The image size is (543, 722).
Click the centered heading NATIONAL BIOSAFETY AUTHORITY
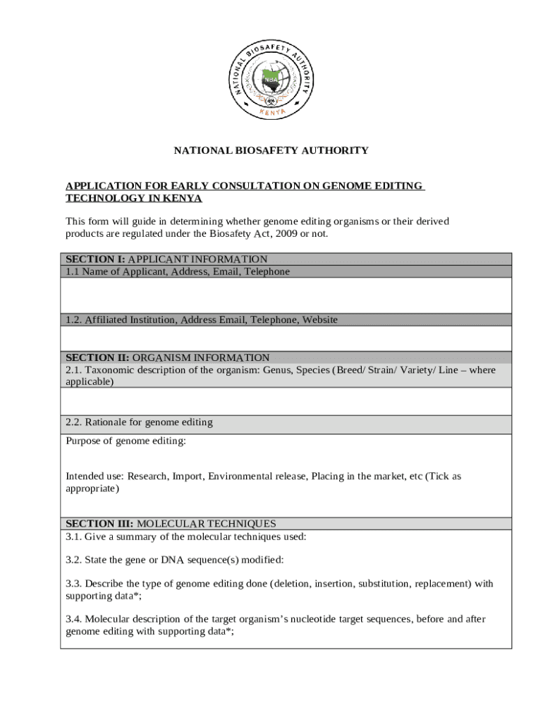[x=271, y=150]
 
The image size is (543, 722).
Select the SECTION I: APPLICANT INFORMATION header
[x=166, y=259]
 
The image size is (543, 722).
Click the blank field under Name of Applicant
[x=286, y=295]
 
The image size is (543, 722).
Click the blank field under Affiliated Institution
[x=286, y=338]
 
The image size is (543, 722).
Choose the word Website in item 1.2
[x=319, y=320]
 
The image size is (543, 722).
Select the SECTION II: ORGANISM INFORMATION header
[x=168, y=357]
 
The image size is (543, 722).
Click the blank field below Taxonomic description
[x=286, y=401]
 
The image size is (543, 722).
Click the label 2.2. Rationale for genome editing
[x=139, y=422]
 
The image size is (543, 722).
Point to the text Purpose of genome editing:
[x=126, y=441]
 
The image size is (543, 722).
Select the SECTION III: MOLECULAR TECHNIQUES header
[x=171, y=523]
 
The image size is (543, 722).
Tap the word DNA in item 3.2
[x=172, y=560]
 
